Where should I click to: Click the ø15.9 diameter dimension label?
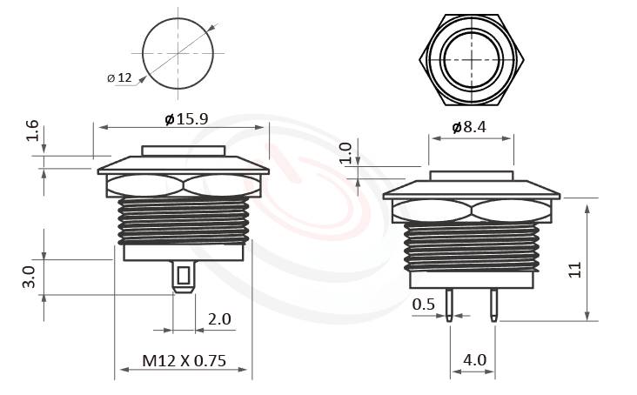186,118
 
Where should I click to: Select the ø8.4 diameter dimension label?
469,127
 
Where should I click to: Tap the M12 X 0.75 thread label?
183,360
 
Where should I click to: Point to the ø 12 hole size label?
119,78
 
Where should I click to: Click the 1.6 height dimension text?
32,132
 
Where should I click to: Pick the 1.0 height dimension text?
345,153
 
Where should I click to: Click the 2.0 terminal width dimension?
219,319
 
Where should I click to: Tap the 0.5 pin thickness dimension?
424,304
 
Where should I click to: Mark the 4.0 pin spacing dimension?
475,359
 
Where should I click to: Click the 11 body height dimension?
574,270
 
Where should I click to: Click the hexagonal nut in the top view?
473,58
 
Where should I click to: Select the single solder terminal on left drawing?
183,278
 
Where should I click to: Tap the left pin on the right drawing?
449,302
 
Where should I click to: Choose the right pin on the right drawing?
493,302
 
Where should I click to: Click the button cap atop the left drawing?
184,151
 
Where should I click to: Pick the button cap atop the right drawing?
470,176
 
